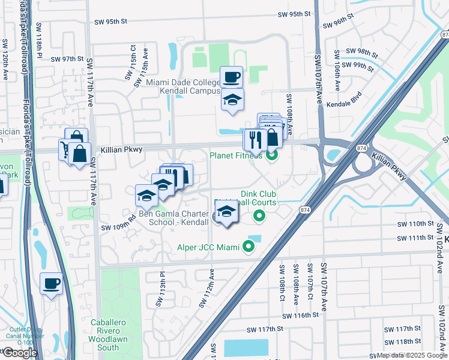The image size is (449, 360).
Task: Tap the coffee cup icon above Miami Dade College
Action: point(231,77)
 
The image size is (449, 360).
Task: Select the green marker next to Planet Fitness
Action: point(272,156)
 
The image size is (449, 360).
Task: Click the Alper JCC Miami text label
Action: point(209,247)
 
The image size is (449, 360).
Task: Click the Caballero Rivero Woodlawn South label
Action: point(108,335)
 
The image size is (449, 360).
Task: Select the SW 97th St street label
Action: point(67,59)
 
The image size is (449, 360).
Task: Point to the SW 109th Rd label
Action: point(115,227)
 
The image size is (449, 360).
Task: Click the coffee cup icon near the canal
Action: point(51,283)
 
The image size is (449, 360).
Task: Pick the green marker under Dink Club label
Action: point(259,215)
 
